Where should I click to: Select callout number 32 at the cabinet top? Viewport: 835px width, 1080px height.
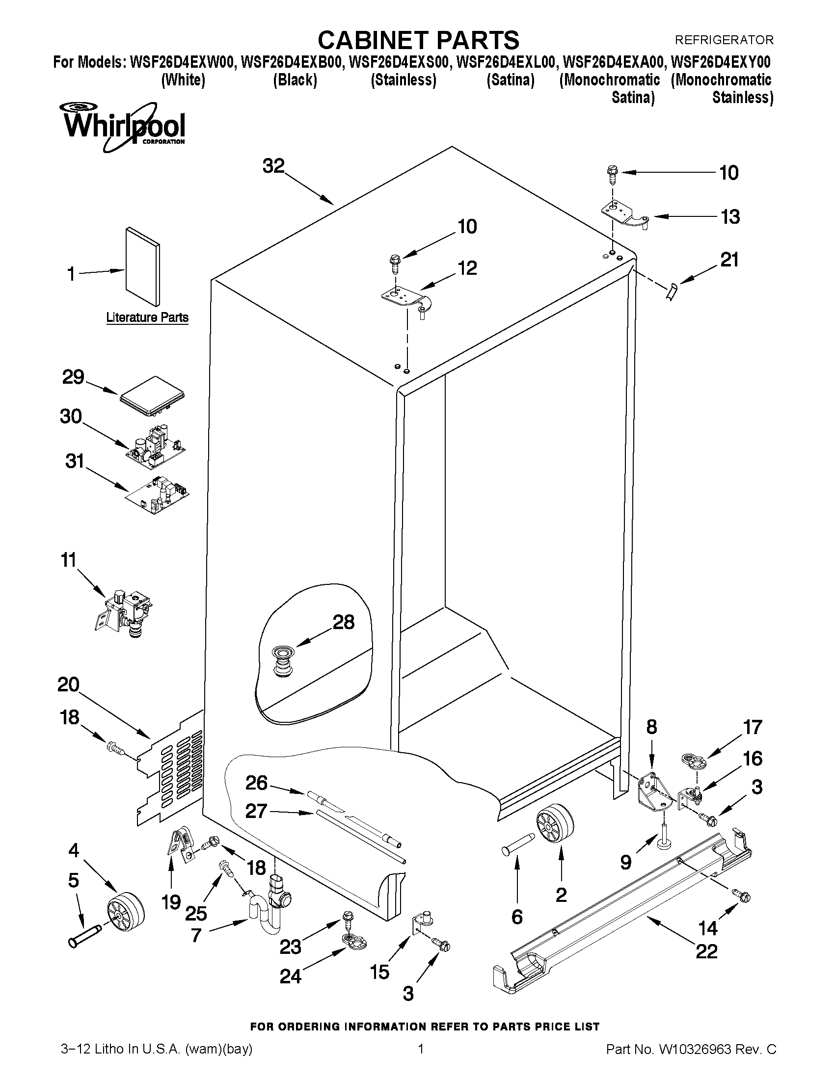click(x=273, y=167)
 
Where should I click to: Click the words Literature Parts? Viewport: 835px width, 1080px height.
click(x=147, y=317)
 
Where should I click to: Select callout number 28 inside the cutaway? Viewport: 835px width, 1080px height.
click(x=343, y=622)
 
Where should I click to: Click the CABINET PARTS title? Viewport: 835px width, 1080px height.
click(x=418, y=40)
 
